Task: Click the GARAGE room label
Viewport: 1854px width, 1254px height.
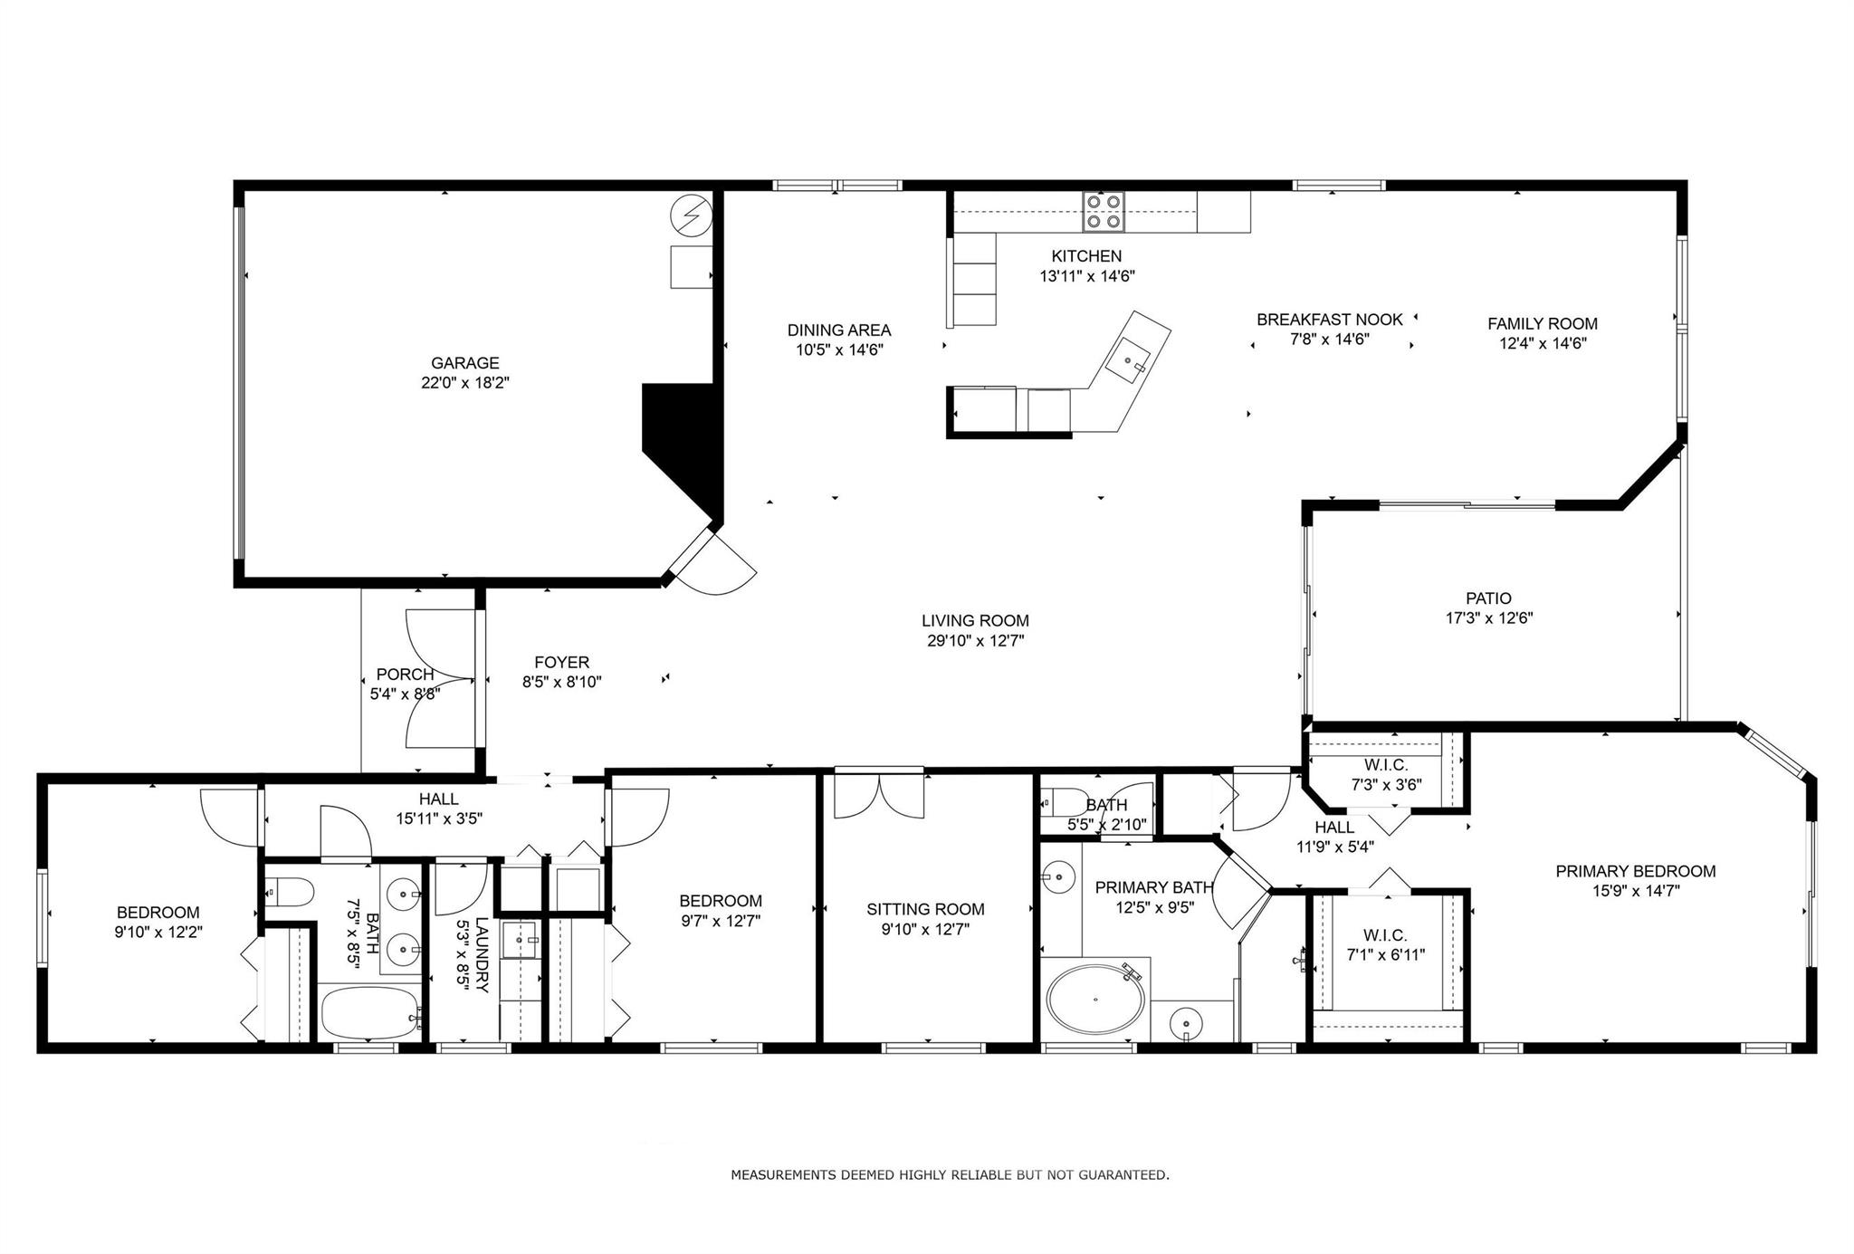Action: [x=465, y=363]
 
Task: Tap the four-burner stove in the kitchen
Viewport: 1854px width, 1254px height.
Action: [x=1104, y=212]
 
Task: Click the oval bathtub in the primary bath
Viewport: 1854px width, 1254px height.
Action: [x=1095, y=1000]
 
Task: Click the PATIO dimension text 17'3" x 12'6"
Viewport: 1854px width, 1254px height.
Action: [x=1489, y=618]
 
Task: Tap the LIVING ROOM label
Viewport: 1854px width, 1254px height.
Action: [x=975, y=620]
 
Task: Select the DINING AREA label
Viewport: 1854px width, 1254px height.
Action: [x=839, y=330]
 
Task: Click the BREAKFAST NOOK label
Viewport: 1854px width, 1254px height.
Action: [x=1330, y=320]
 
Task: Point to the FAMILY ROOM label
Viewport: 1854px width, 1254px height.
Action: [x=1543, y=323]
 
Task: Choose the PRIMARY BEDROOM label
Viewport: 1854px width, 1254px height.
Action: [x=1636, y=871]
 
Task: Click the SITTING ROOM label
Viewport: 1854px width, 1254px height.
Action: [x=925, y=909]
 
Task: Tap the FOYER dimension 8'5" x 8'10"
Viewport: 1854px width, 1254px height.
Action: [x=562, y=682]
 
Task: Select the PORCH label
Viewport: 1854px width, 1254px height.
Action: [x=406, y=675]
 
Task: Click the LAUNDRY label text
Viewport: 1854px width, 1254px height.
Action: [x=482, y=955]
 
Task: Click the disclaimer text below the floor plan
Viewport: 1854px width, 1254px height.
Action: [x=950, y=1175]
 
